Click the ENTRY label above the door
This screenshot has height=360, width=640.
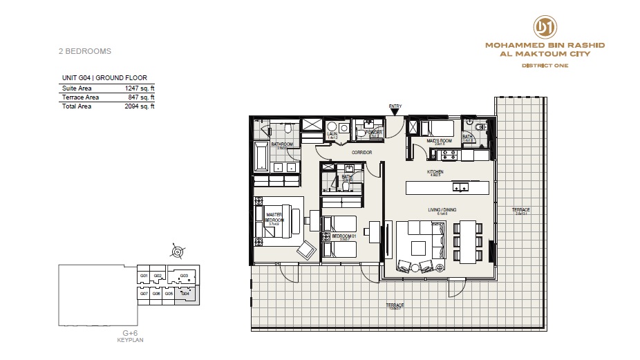pyautogui.click(x=395, y=106)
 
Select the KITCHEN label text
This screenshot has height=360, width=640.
pyautogui.click(x=435, y=173)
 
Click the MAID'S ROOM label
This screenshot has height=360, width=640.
pyautogui.click(x=438, y=141)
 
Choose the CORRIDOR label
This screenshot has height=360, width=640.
pyautogui.click(x=361, y=153)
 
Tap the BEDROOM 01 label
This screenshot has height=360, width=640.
pyautogui.click(x=343, y=236)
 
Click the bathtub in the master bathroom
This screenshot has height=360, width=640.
pyautogui.click(x=261, y=157)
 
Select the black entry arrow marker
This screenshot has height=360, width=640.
pyautogui.click(x=395, y=113)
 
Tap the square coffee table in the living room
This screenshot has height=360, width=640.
pyautogui.click(x=419, y=247)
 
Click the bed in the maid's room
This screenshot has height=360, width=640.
pyautogui.click(x=436, y=128)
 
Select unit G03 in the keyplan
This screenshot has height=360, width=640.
pyautogui.click(x=184, y=276)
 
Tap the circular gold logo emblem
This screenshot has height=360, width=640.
pyautogui.click(x=545, y=27)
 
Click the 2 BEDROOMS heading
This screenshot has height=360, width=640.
pyautogui.click(x=84, y=51)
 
